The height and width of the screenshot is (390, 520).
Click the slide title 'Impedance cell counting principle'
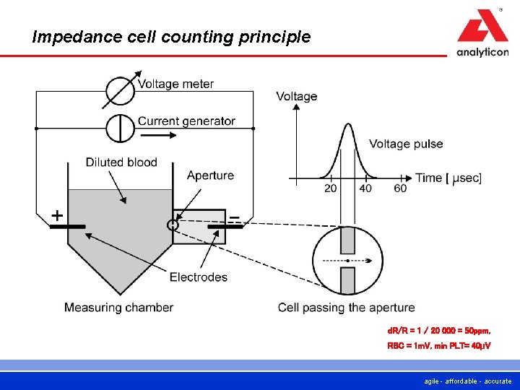pyautogui.click(x=171, y=36)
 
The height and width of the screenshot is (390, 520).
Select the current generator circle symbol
pyautogui.click(x=120, y=128)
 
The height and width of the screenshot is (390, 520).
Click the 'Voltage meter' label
pyautogui.click(x=175, y=84)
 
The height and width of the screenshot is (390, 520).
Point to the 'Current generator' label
pyautogui.click(x=186, y=121)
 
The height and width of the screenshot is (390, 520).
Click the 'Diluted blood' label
pyautogui.click(x=121, y=162)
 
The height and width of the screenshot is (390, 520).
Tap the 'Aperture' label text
pyautogui.click(x=210, y=175)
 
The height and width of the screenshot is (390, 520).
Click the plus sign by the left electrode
pyautogui.click(x=56, y=215)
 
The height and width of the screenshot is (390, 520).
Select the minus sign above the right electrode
pyautogui.click(x=234, y=216)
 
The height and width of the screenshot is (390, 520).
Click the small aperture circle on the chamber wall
pyautogui.click(x=173, y=225)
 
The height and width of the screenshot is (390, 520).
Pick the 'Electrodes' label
pyautogui.click(x=198, y=277)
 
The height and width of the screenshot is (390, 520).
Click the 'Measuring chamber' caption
pyautogui.click(x=118, y=308)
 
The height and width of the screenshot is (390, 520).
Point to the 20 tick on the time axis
pyautogui.click(x=331, y=188)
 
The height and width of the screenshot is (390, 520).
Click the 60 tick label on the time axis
pyautogui.click(x=400, y=188)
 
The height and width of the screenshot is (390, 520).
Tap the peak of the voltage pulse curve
pyautogui.click(x=348, y=125)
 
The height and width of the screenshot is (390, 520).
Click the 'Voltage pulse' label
pyautogui.click(x=406, y=144)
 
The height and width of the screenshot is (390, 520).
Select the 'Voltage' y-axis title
pyautogui.click(x=296, y=97)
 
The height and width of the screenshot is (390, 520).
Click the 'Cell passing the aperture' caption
pyautogui.click(x=346, y=308)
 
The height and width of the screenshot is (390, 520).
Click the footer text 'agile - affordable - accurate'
pyautogui.click(x=468, y=381)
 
